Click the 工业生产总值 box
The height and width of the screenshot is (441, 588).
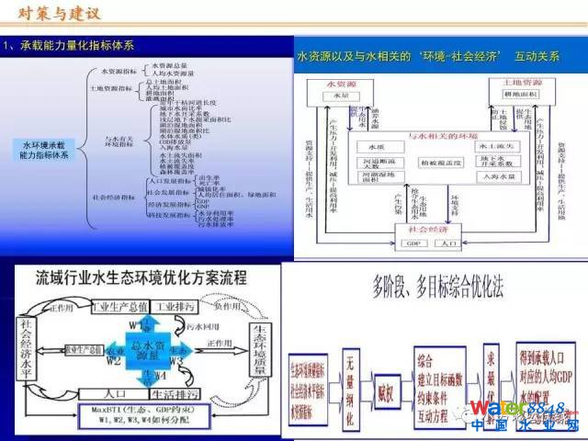coord(123,305)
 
